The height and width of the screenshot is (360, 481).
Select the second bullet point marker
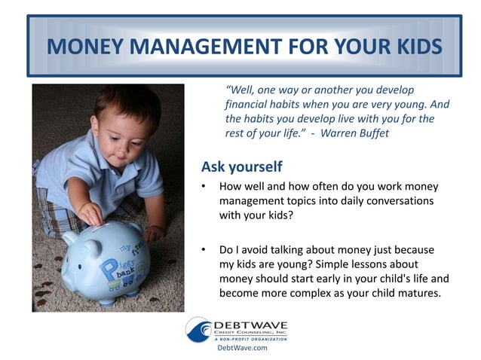pos(204,249)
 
